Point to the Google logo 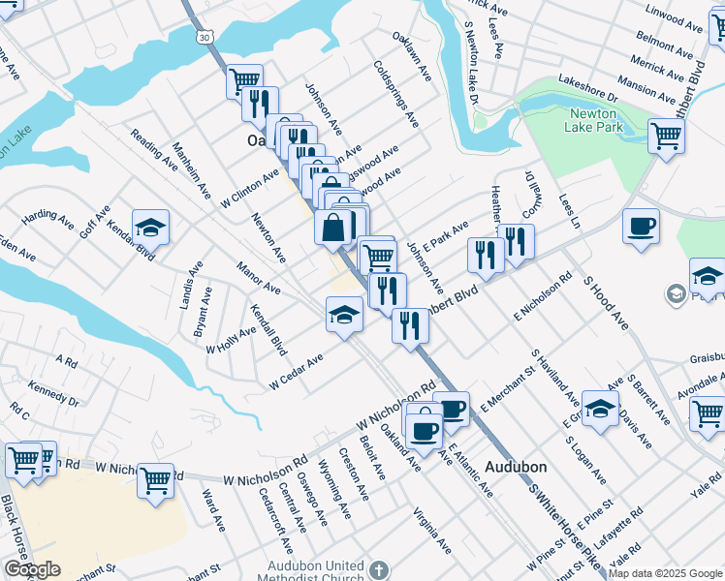point(32,569)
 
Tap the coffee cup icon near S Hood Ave point(641,228)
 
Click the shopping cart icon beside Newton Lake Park point(666,136)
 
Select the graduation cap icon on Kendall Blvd point(150,228)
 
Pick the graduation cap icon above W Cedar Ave point(344,315)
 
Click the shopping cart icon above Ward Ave point(155,478)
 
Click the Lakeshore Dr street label point(587,92)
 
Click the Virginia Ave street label point(431,528)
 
